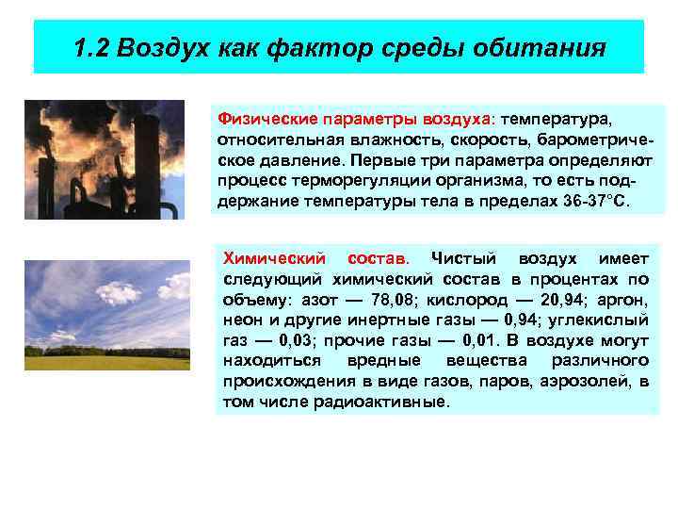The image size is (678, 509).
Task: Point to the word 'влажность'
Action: click(x=359, y=140)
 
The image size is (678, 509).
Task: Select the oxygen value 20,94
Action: click(x=549, y=300)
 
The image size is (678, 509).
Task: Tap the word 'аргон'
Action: click(x=622, y=300)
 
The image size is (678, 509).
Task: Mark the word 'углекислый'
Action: click(x=605, y=320)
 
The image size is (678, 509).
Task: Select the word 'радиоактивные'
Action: click(x=396, y=401)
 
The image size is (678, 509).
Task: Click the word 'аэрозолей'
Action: click(x=595, y=381)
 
